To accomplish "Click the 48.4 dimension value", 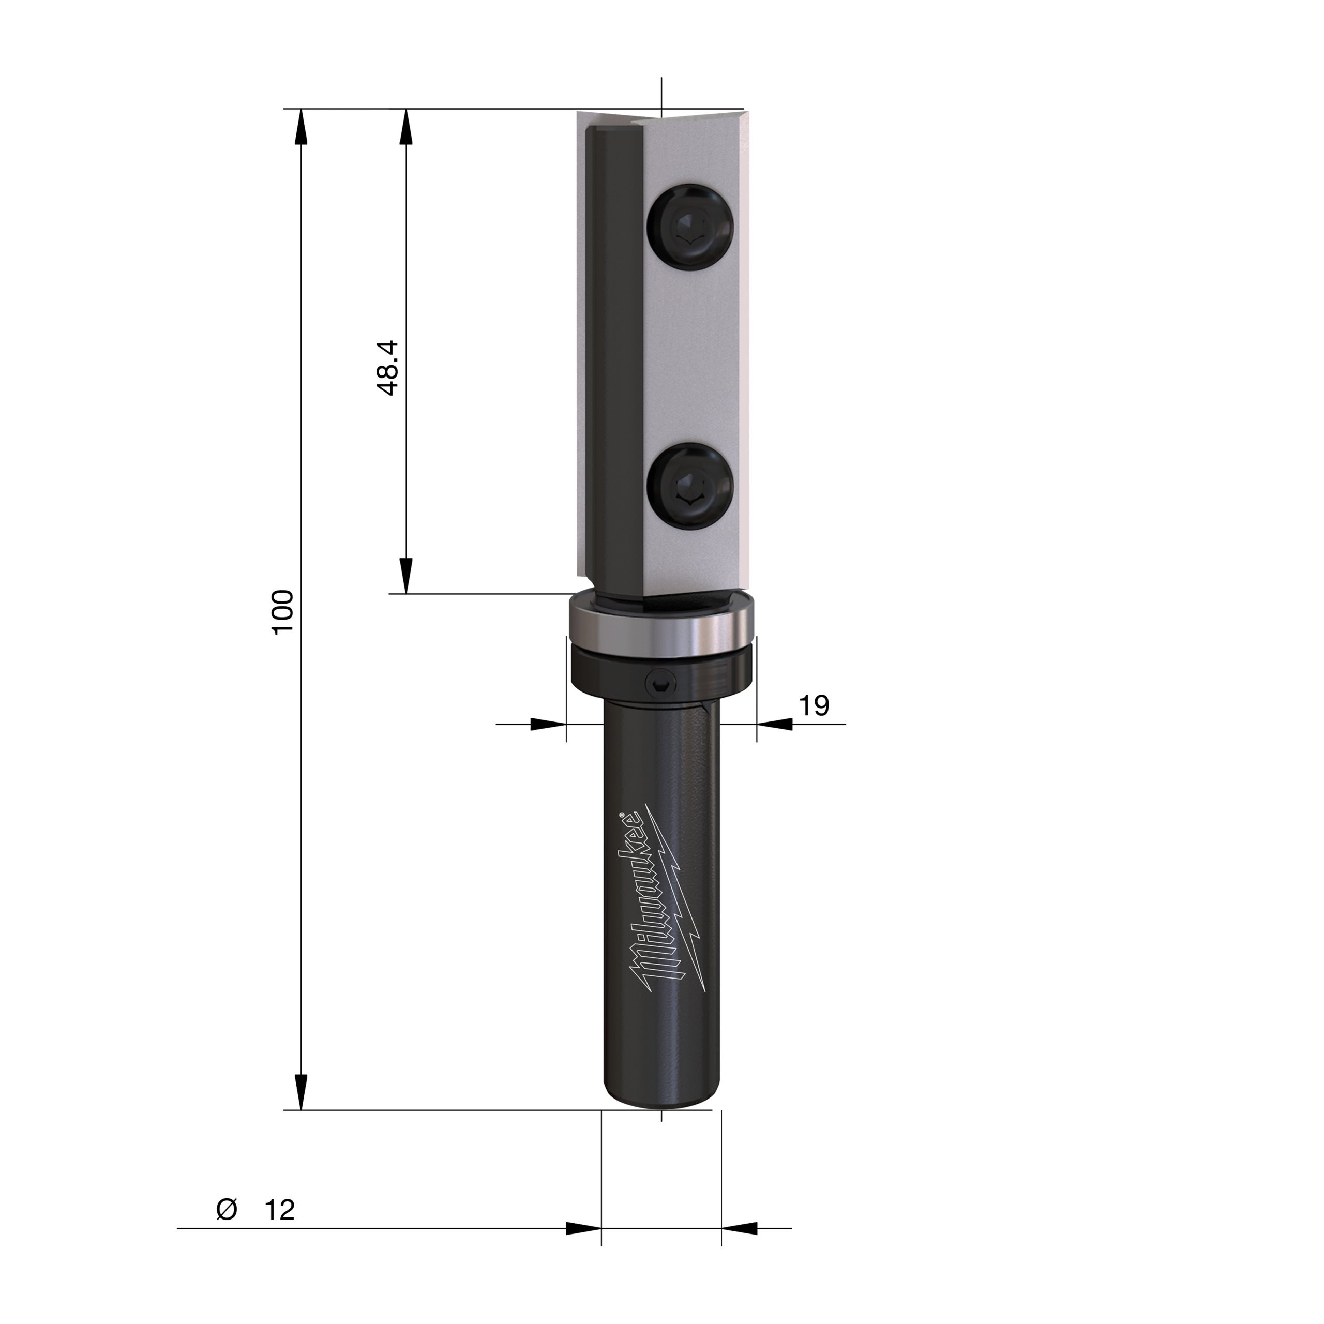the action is [x=388, y=368].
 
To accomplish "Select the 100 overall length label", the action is [x=283, y=612].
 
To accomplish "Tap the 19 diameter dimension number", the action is [x=814, y=705].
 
